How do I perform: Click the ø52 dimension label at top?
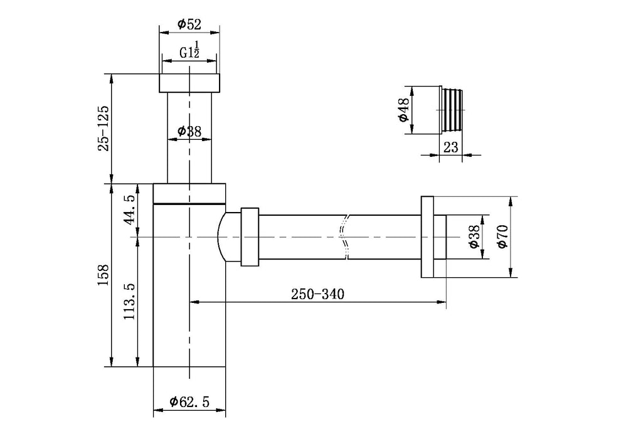click(x=189, y=24)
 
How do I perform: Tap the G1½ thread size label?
click(x=189, y=53)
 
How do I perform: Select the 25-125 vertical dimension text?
click(x=104, y=127)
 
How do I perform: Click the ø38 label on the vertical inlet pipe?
click(x=189, y=131)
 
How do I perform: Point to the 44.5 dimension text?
click(x=130, y=209)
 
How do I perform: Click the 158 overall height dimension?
click(x=104, y=275)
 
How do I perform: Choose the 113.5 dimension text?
click(x=130, y=301)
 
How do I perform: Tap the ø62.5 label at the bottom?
click(x=189, y=402)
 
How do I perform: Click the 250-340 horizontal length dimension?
click(x=317, y=294)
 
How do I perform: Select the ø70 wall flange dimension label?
click(x=502, y=236)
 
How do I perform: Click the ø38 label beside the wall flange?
click(x=474, y=237)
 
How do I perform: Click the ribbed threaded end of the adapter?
click(x=453, y=110)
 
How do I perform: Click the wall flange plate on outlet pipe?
click(x=427, y=237)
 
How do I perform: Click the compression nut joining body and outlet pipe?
click(x=250, y=237)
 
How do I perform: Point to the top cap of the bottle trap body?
click(x=189, y=193)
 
